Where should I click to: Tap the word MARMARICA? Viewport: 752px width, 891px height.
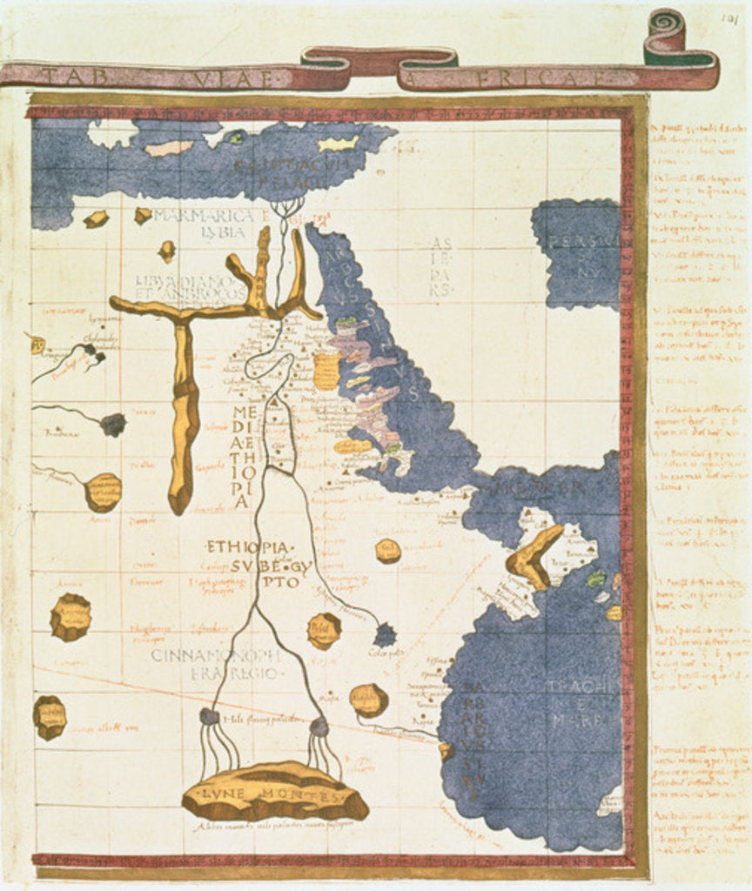(x=198, y=216)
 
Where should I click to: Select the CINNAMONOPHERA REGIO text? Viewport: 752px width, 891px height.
(x=216, y=664)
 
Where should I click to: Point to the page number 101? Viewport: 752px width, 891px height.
(x=729, y=17)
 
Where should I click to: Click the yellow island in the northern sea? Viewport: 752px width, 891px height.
(x=339, y=144)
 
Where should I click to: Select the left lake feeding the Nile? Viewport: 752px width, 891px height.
(x=209, y=716)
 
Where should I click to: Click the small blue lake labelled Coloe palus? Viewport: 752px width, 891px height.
(x=385, y=635)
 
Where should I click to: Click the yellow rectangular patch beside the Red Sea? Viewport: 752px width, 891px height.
(x=326, y=371)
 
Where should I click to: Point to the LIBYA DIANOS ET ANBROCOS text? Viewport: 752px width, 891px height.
(x=191, y=287)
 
